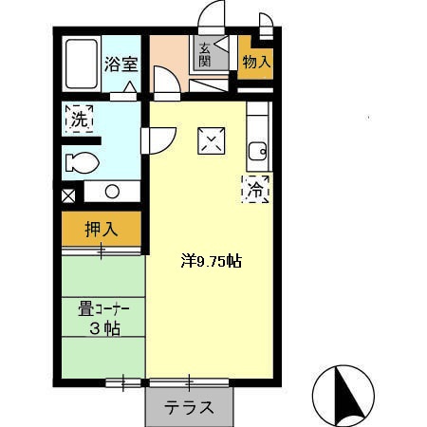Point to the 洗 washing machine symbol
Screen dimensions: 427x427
79,121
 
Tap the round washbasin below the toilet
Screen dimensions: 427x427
112,191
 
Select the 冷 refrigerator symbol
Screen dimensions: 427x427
255,189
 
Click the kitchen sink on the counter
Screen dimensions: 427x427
255,151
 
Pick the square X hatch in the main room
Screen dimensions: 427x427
210,140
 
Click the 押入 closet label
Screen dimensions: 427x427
101,230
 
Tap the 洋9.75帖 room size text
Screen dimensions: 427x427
212,260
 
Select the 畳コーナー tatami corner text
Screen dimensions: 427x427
103,307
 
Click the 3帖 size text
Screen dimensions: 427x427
103,329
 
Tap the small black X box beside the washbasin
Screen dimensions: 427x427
67,197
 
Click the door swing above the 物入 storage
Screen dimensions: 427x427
265,23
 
